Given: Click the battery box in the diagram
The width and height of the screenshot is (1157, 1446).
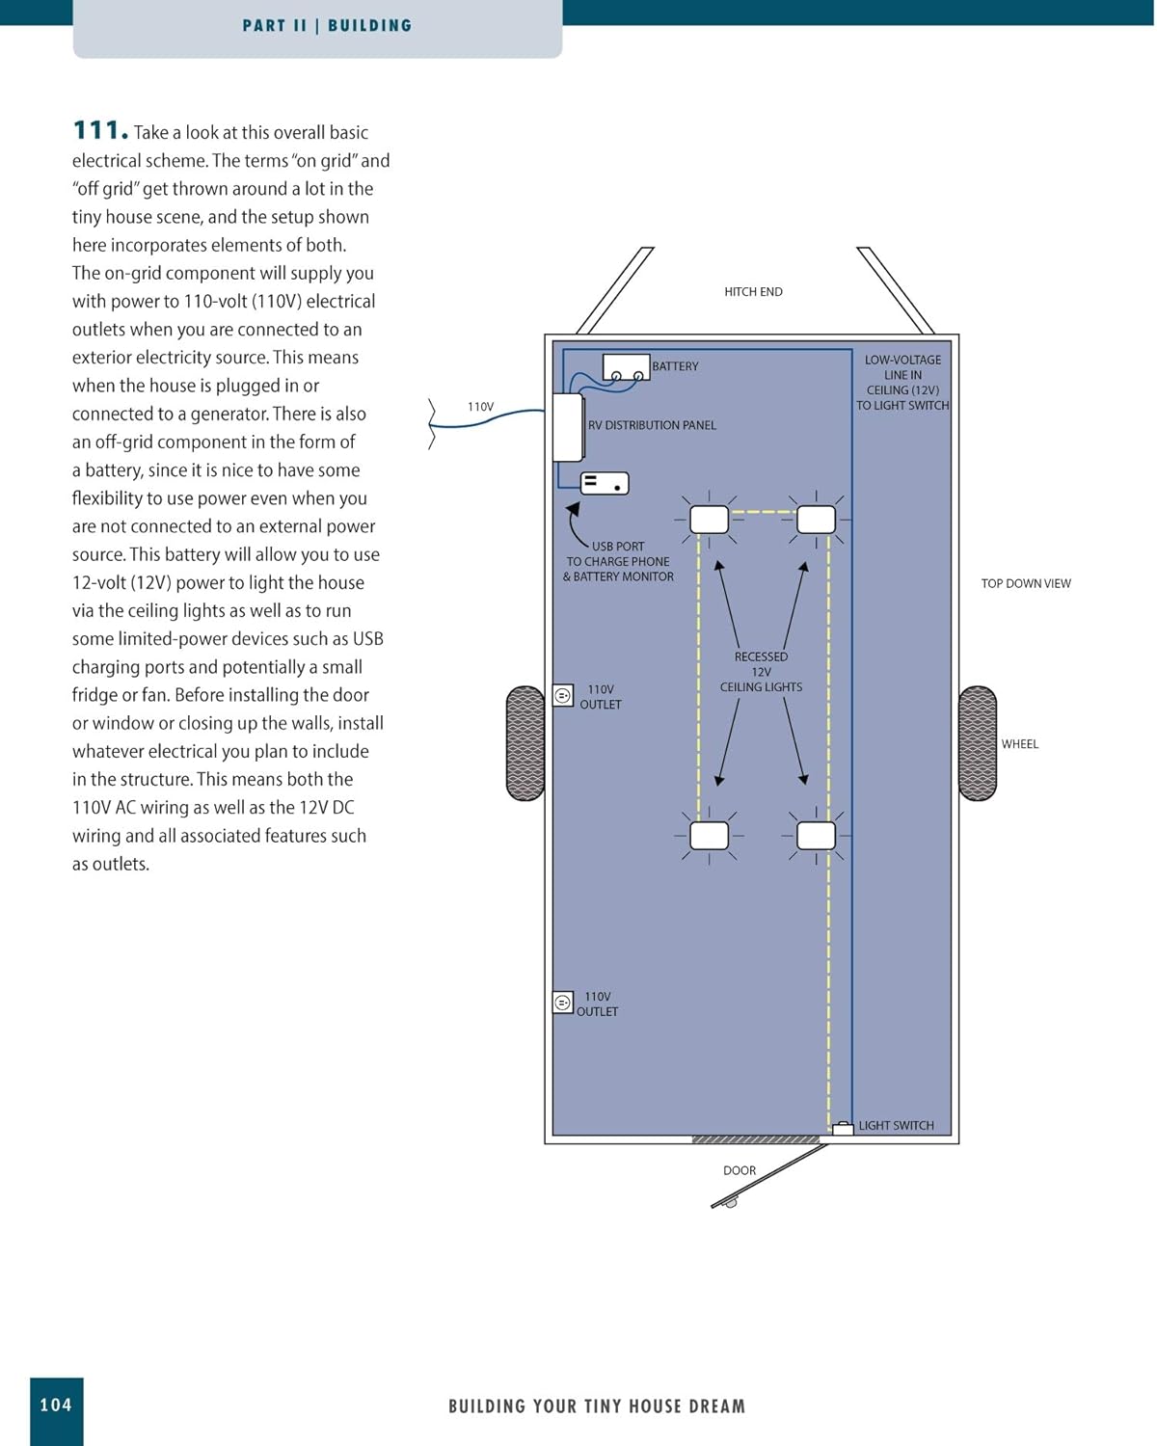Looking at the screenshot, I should click(x=626, y=367).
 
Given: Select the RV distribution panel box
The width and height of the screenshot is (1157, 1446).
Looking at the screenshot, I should click(x=568, y=427).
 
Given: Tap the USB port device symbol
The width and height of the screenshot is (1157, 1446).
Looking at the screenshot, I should click(x=605, y=483).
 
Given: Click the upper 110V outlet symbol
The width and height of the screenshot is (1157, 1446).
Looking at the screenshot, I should click(x=563, y=695).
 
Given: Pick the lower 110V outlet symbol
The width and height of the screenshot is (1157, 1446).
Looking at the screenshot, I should click(x=563, y=1003).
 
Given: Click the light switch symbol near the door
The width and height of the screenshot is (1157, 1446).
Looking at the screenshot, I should click(x=843, y=1128).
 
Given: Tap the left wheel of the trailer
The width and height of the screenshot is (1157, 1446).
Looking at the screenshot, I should click(x=525, y=743).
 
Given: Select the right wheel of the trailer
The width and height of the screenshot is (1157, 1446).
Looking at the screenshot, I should click(x=978, y=743).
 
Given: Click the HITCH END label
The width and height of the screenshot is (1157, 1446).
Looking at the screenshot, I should click(x=753, y=292).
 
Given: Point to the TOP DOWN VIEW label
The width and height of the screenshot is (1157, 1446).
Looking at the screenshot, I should click(x=1026, y=584).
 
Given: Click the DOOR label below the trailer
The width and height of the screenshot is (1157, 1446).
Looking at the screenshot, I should click(x=740, y=1171).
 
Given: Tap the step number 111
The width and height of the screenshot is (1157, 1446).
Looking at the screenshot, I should click(x=99, y=130).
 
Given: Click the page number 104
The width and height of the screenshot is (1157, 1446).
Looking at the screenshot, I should click(x=56, y=1406).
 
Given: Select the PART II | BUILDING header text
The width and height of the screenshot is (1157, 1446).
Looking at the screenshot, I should click(x=327, y=26).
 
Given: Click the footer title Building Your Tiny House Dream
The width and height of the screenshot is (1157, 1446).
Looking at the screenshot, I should click(x=597, y=1406).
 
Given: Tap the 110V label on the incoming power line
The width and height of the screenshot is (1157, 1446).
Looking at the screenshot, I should click(x=480, y=408).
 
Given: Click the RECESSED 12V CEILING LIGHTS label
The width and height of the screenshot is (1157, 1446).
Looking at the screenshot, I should click(x=761, y=672).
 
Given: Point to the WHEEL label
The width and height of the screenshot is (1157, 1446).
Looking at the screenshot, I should click(x=1019, y=744).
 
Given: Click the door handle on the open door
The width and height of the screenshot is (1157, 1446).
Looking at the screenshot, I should click(x=731, y=1203).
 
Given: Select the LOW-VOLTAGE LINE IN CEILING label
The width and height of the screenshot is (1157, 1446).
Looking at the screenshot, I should click(x=902, y=383).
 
